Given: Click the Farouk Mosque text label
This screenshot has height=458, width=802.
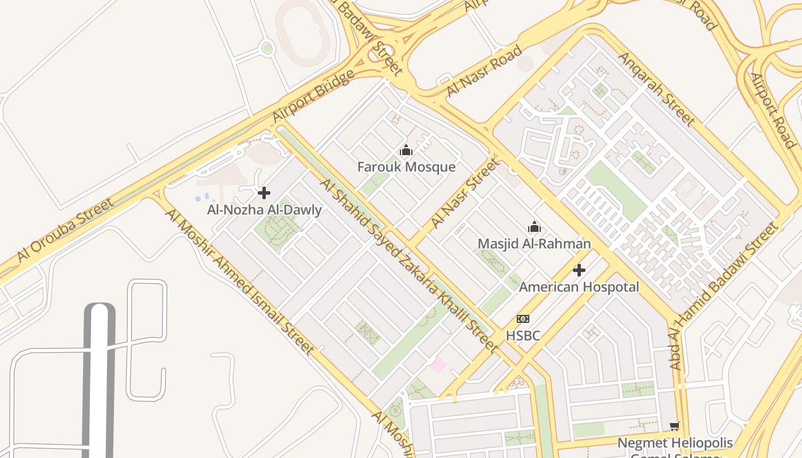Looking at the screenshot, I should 406,167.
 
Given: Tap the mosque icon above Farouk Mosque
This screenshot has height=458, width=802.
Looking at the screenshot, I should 406,151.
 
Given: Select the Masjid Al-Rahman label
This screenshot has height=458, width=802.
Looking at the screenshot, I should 534,244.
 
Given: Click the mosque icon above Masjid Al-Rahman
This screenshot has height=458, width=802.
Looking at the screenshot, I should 534,227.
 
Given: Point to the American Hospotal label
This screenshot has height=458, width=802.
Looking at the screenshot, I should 579,287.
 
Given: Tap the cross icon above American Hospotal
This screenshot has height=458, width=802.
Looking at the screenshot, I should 579,270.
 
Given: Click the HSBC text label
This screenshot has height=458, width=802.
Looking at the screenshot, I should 522,335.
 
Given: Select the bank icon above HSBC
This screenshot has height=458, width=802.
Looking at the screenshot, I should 522,319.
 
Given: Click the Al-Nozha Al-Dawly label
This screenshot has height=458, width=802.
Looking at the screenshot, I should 264,210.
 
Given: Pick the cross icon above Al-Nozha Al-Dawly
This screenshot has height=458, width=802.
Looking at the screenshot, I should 264,193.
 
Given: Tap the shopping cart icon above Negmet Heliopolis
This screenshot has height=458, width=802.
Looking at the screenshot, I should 674,426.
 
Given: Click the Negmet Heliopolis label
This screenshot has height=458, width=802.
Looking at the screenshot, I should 675,443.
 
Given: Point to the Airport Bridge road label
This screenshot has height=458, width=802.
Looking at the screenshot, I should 313,96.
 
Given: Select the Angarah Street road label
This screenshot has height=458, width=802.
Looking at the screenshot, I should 656,89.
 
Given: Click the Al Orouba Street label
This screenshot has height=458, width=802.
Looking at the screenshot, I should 65,230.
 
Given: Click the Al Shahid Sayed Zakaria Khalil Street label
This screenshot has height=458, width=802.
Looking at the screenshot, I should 408,264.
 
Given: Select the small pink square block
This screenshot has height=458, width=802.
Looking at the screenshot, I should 438,365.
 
